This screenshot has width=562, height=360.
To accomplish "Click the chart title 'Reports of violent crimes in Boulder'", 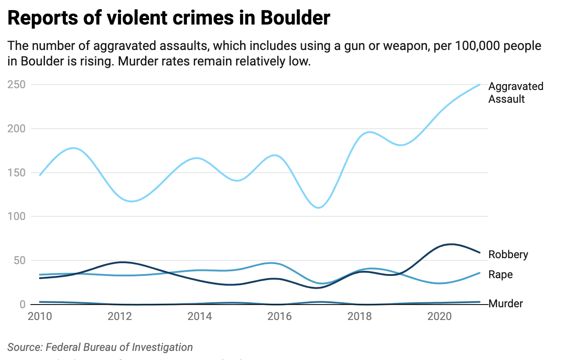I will [169, 18].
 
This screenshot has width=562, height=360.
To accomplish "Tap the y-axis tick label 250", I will [16, 85].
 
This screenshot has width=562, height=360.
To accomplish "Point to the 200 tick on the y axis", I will [16, 129].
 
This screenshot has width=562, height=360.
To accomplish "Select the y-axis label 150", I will [16, 173].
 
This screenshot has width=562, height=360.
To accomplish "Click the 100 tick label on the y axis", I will [16, 217].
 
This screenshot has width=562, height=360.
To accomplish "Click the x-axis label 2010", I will [40, 316].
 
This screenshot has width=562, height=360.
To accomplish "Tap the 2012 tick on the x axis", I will [120, 316].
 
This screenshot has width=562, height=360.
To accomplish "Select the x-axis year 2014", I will [200, 316].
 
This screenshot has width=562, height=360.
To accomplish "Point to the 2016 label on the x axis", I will [280, 316].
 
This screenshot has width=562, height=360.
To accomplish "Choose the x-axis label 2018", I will [360, 316].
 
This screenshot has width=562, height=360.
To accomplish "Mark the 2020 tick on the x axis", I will [440, 316].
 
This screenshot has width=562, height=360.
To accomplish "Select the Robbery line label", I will [508, 255].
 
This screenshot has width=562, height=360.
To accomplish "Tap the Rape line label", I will [500, 275].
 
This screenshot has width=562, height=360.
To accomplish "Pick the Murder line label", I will [506, 304].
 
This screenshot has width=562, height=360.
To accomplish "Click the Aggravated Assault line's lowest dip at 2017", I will [319, 208].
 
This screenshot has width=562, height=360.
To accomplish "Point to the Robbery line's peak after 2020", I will [451, 244].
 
